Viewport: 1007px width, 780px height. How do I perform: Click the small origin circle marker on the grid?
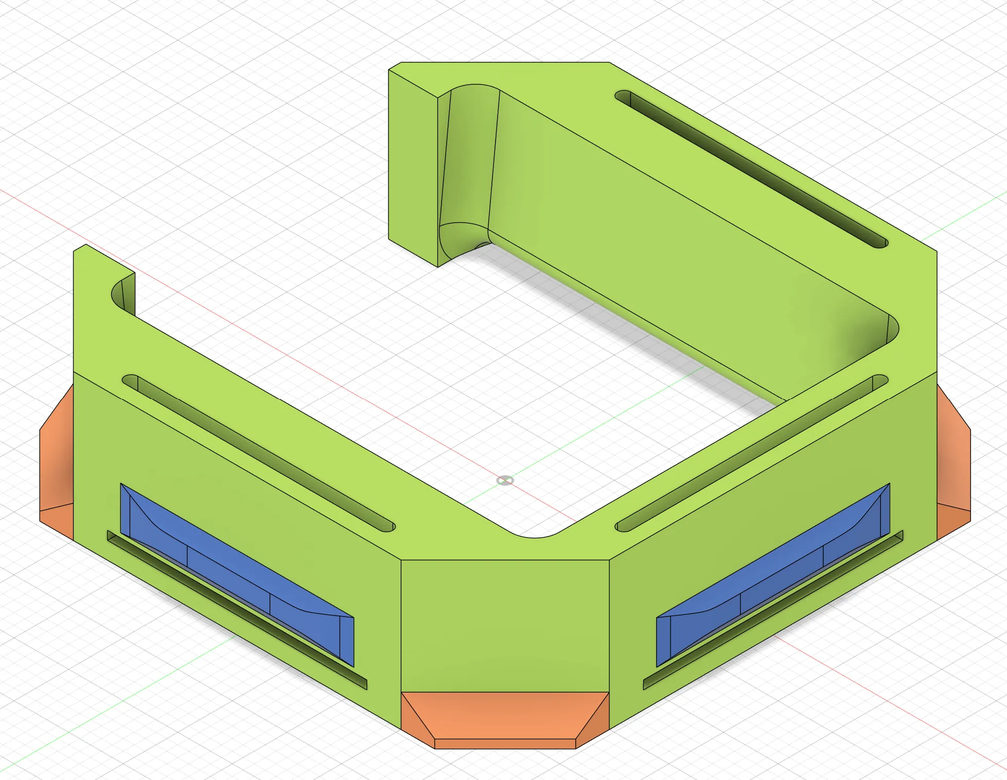pos(505,480)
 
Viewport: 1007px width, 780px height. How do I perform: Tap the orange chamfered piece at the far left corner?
pos(56,463)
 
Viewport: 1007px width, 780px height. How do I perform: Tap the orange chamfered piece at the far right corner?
pos(953,463)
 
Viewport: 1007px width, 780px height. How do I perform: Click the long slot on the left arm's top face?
pos(257,452)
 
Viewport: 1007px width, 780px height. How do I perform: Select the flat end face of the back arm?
pos(412,165)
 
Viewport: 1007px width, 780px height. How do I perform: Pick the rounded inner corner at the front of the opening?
pos(535,535)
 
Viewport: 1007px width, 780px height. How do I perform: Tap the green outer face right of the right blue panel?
pos(913,463)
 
